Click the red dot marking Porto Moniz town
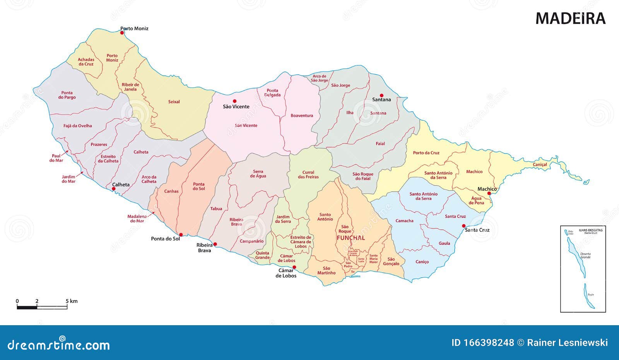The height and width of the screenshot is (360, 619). click(122, 33)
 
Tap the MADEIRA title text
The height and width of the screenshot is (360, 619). click(570, 19)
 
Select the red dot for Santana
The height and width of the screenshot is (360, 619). click(381, 96)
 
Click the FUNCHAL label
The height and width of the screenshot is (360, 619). click(351, 238)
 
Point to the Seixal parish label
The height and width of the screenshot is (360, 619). click(174, 102)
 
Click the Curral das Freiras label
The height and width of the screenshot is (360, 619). click(308, 175)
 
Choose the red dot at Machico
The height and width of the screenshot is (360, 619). click(489, 193)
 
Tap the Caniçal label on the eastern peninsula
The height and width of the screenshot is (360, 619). click(540, 165)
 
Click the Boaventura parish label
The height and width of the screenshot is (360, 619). click(302, 116)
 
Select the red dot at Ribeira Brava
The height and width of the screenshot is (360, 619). click(215, 244)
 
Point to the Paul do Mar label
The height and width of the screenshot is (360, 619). click(56, 158)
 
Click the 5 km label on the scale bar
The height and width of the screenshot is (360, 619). click(72, 301)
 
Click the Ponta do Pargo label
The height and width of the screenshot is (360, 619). click(67, 95)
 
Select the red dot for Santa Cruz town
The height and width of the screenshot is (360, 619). click(464, 226)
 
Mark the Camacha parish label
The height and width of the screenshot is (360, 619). click(404, 221)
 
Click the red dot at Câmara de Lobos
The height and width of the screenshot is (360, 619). click(294, 267)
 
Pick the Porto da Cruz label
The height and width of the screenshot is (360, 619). click(426, 153)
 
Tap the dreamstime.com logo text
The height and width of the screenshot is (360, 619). click(59, 345)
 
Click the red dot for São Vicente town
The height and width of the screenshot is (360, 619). click(234, 101)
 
